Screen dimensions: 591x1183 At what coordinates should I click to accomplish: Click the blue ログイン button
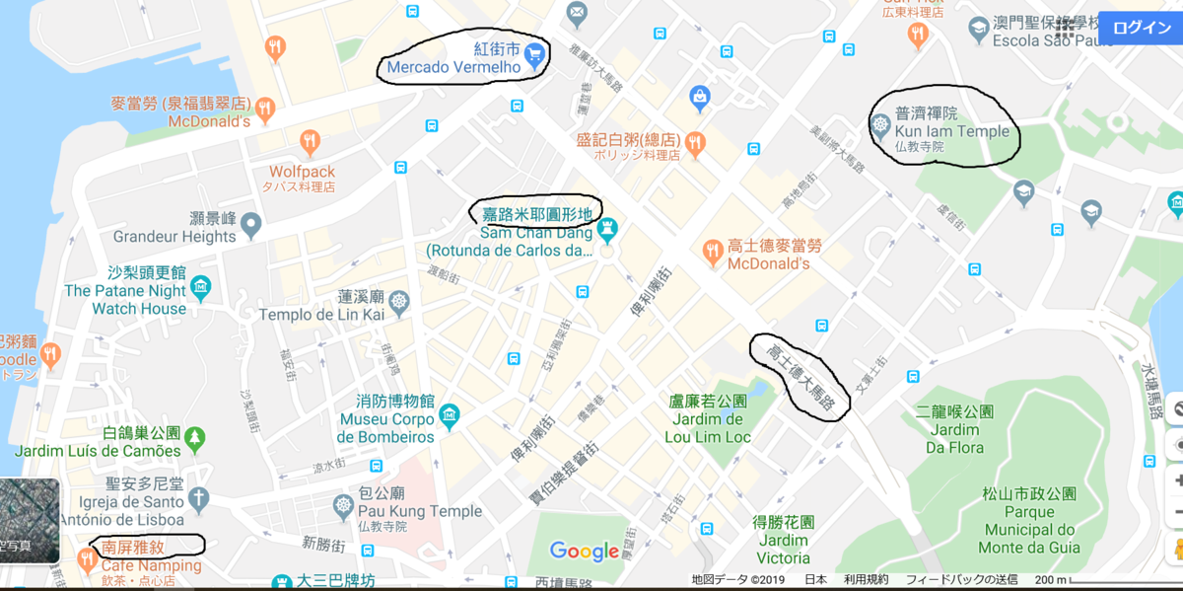[1142, 28]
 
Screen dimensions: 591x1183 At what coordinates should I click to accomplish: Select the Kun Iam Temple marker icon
[880, 125]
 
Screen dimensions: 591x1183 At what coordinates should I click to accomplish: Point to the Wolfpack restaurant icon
[310, 141]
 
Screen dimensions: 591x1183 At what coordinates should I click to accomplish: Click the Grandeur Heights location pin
[251, 226]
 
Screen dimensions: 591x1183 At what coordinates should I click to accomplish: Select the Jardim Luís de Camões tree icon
[195, 435]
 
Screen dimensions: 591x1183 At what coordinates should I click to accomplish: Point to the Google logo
[585, 552]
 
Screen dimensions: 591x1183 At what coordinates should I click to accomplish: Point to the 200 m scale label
[1050, 579]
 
